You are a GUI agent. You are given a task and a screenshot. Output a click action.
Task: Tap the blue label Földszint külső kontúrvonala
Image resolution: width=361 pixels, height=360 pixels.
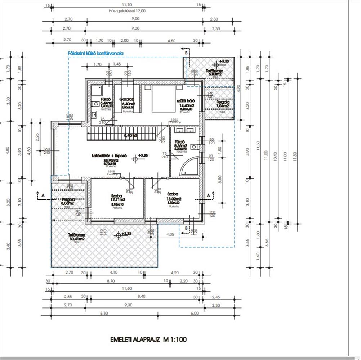96,54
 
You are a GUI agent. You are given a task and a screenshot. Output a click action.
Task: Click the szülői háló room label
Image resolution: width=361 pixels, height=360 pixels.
186,101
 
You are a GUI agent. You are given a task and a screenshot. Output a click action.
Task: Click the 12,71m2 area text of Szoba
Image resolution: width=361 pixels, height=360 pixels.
118,199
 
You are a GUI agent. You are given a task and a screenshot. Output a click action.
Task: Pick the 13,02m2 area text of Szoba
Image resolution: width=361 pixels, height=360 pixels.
174,198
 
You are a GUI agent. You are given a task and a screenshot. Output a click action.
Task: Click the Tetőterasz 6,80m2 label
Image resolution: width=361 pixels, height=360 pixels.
214,73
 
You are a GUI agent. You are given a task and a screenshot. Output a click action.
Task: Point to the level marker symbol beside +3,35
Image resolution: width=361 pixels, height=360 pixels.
135,158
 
